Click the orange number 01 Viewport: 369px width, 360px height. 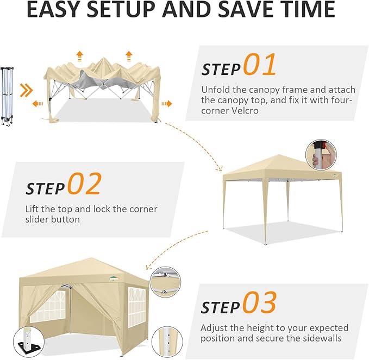coord(259,64)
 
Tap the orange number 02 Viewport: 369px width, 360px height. coord(85,184)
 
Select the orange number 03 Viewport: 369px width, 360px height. coord(259,302)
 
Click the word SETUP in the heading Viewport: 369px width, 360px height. coord(122,9)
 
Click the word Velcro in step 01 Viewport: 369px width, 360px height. coord(244,111)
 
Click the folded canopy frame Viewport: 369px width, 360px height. coord(7,97)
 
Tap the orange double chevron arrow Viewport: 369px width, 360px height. coord(26,90)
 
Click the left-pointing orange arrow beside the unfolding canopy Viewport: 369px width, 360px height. coord(37,104)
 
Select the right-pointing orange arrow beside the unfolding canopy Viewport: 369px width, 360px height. coord(167,104)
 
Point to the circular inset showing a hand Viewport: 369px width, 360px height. coord(321,155)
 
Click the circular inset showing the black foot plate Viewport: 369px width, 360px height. coord(29,342)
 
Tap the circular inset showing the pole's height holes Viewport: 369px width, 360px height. coord(167,342)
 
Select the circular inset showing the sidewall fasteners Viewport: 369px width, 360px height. coord(165,282)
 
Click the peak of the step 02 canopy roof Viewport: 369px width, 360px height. coord(279,155)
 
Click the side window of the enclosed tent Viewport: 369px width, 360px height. coord(137,307)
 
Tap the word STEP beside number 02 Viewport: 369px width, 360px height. coord(45,188)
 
